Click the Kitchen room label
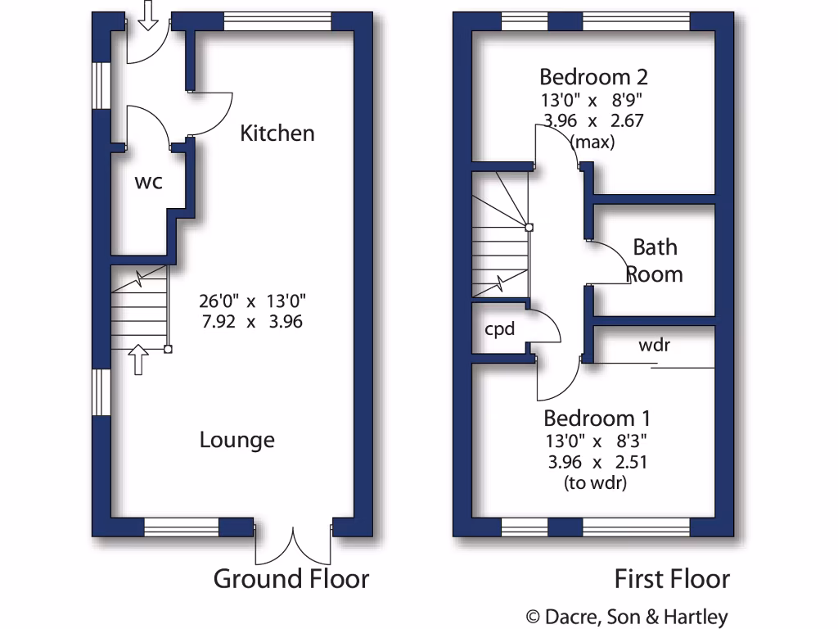click(277, 133)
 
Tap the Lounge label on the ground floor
click(237, 441)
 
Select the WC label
click(148, 182)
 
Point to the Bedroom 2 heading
click(593, 77)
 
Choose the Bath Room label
click(655, 260)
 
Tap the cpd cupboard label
click(499, 329)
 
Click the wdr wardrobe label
click(654, 345)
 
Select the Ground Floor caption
click(291, 580)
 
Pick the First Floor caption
click(672, 580)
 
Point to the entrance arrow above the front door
click(147, 15)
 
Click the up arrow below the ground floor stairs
click(137, 359)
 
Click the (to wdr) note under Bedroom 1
click(595, 483)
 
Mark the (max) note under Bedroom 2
click(593, 142)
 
